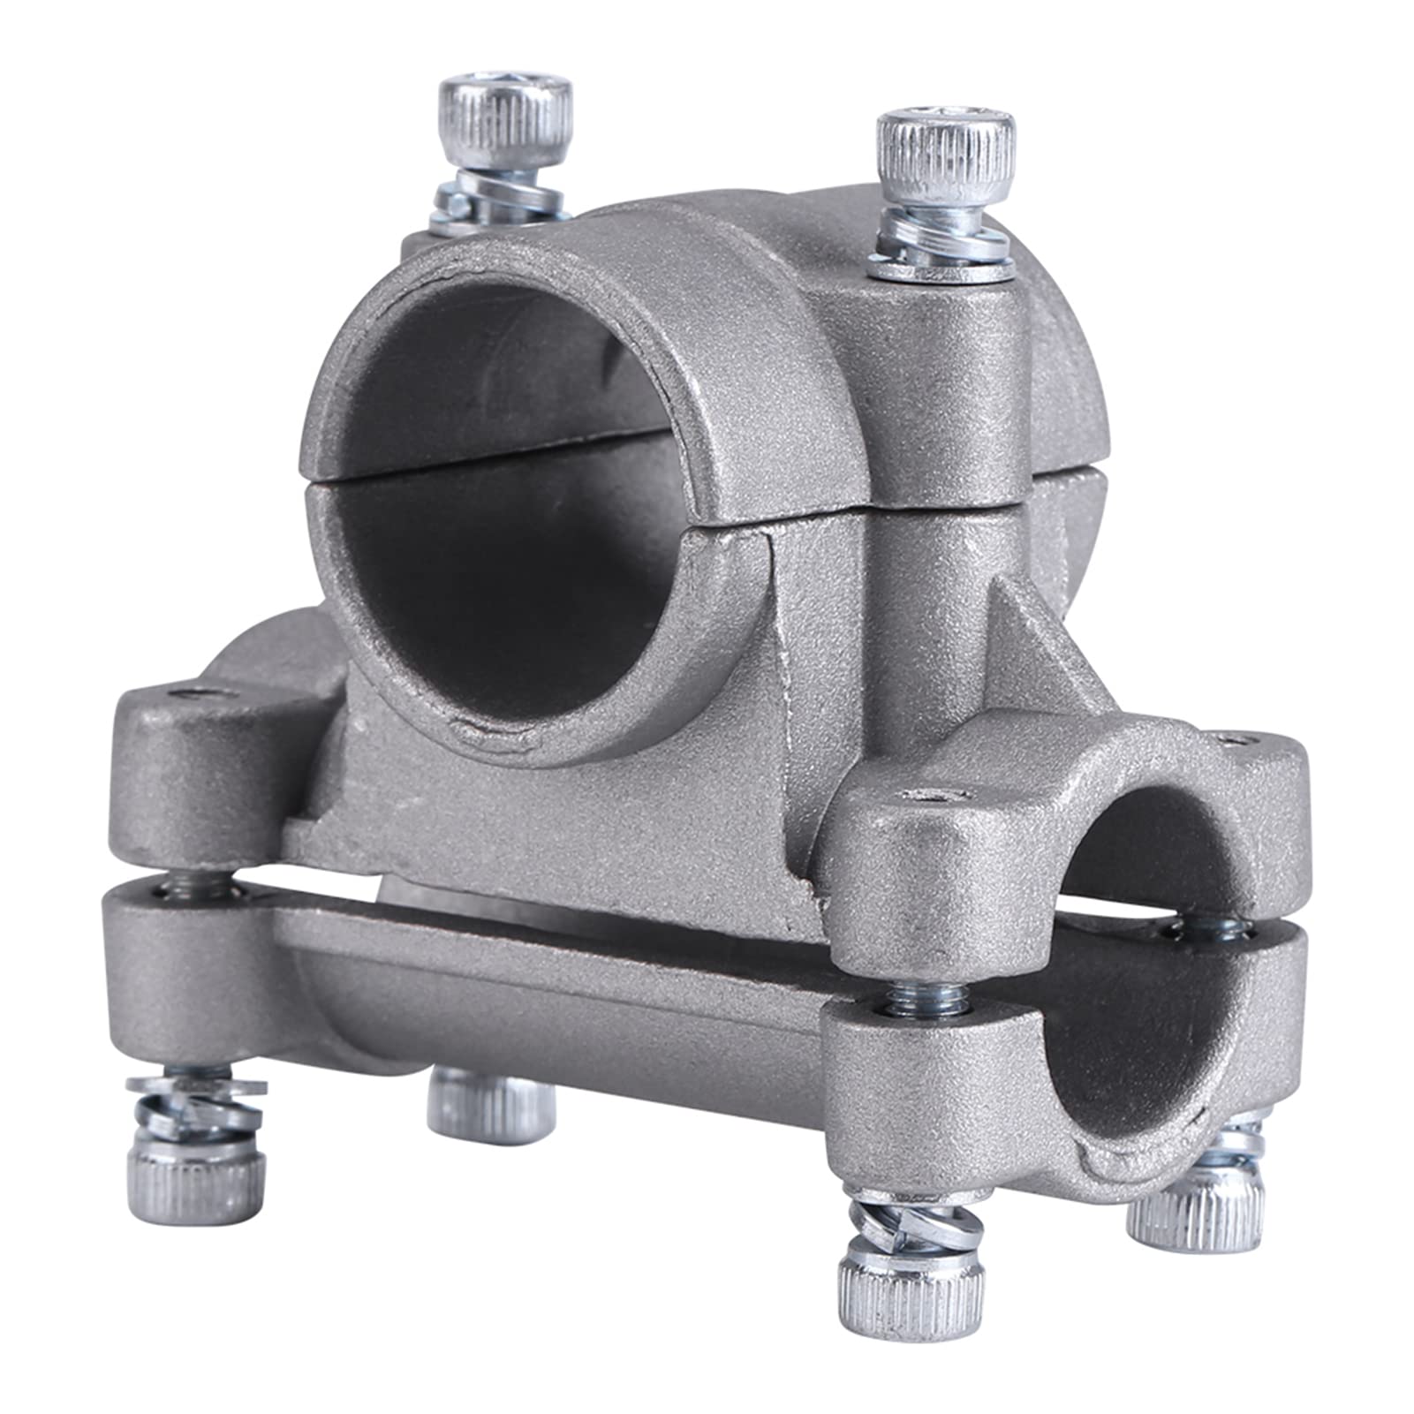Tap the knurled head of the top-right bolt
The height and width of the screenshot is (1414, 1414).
click(943, 155)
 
